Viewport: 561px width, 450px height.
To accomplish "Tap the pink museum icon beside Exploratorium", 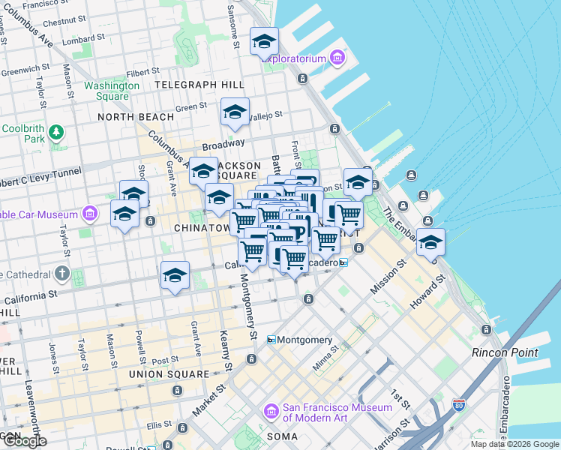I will [337, 58].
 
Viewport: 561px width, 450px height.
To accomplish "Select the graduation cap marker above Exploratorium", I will [264, 42].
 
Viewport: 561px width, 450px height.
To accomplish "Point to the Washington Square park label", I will [112, 91].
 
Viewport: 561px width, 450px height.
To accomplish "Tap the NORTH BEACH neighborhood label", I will [136, 117].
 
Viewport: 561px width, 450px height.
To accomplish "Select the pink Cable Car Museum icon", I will [90, 214].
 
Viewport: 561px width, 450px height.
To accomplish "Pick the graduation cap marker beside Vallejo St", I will [235, 113].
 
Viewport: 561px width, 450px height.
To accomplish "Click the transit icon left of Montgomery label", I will [271, 340].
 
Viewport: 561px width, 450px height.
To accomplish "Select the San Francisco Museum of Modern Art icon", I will [271, 412].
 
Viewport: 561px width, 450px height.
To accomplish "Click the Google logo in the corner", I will [24, 441].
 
